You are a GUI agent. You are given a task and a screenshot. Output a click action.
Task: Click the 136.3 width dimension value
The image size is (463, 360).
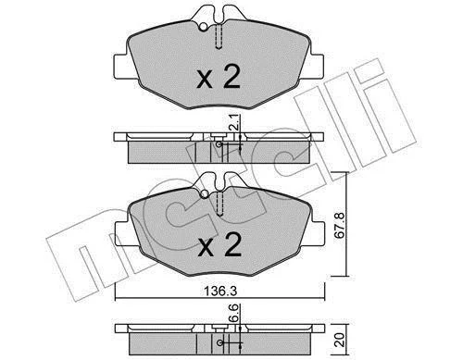click(x=220, y=292)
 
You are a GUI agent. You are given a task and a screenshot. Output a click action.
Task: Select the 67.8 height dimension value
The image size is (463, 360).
click(x=339, y=224)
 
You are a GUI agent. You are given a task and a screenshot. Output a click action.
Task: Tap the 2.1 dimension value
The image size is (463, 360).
click(x=235, y=121)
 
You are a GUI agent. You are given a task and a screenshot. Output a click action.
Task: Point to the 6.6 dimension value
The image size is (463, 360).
click(x=234, y=313)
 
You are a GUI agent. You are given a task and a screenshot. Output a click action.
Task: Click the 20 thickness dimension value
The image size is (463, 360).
click(x=340, y=340)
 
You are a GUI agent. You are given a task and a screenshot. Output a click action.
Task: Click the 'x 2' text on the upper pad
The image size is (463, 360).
click(x=219, y=77)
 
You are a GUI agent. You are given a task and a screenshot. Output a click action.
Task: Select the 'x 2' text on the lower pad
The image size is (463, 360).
click(x=219, y=244)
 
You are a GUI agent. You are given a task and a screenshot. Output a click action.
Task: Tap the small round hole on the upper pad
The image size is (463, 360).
click(x=203, y=27)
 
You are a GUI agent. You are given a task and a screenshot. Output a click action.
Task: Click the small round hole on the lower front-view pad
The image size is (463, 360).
click(x=205, y=194)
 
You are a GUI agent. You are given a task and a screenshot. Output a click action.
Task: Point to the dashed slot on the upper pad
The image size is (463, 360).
click(x=219, y=36)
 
